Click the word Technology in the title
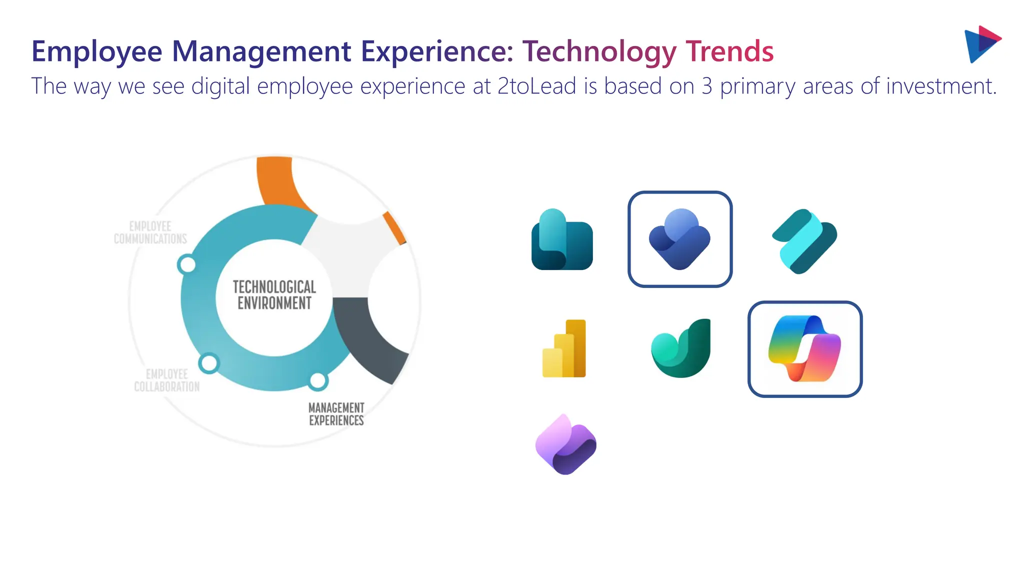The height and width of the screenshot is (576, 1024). (598, 51)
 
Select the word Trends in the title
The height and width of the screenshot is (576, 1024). (729, 51)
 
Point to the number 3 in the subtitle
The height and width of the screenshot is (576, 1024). (706, 86)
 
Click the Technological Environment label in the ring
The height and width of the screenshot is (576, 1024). (274, 295)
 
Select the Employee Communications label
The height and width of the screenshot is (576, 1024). (150, 233)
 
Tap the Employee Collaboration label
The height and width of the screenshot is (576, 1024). (166, 380)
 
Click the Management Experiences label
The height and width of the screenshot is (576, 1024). (336, 414)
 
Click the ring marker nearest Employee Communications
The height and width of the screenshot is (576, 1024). (187, 264)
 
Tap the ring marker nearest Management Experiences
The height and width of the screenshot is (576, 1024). (317, 381)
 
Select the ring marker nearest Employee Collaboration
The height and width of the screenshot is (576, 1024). (209, 363)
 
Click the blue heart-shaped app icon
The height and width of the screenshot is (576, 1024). (680, 239)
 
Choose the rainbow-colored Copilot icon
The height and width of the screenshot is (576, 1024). (805, 349)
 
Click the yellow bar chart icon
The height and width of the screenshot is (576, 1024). (564, 348)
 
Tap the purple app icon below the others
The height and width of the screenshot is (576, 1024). (565, 444)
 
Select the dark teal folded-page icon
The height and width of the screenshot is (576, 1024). (562, 239)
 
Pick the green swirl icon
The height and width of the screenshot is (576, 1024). (681, 348)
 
